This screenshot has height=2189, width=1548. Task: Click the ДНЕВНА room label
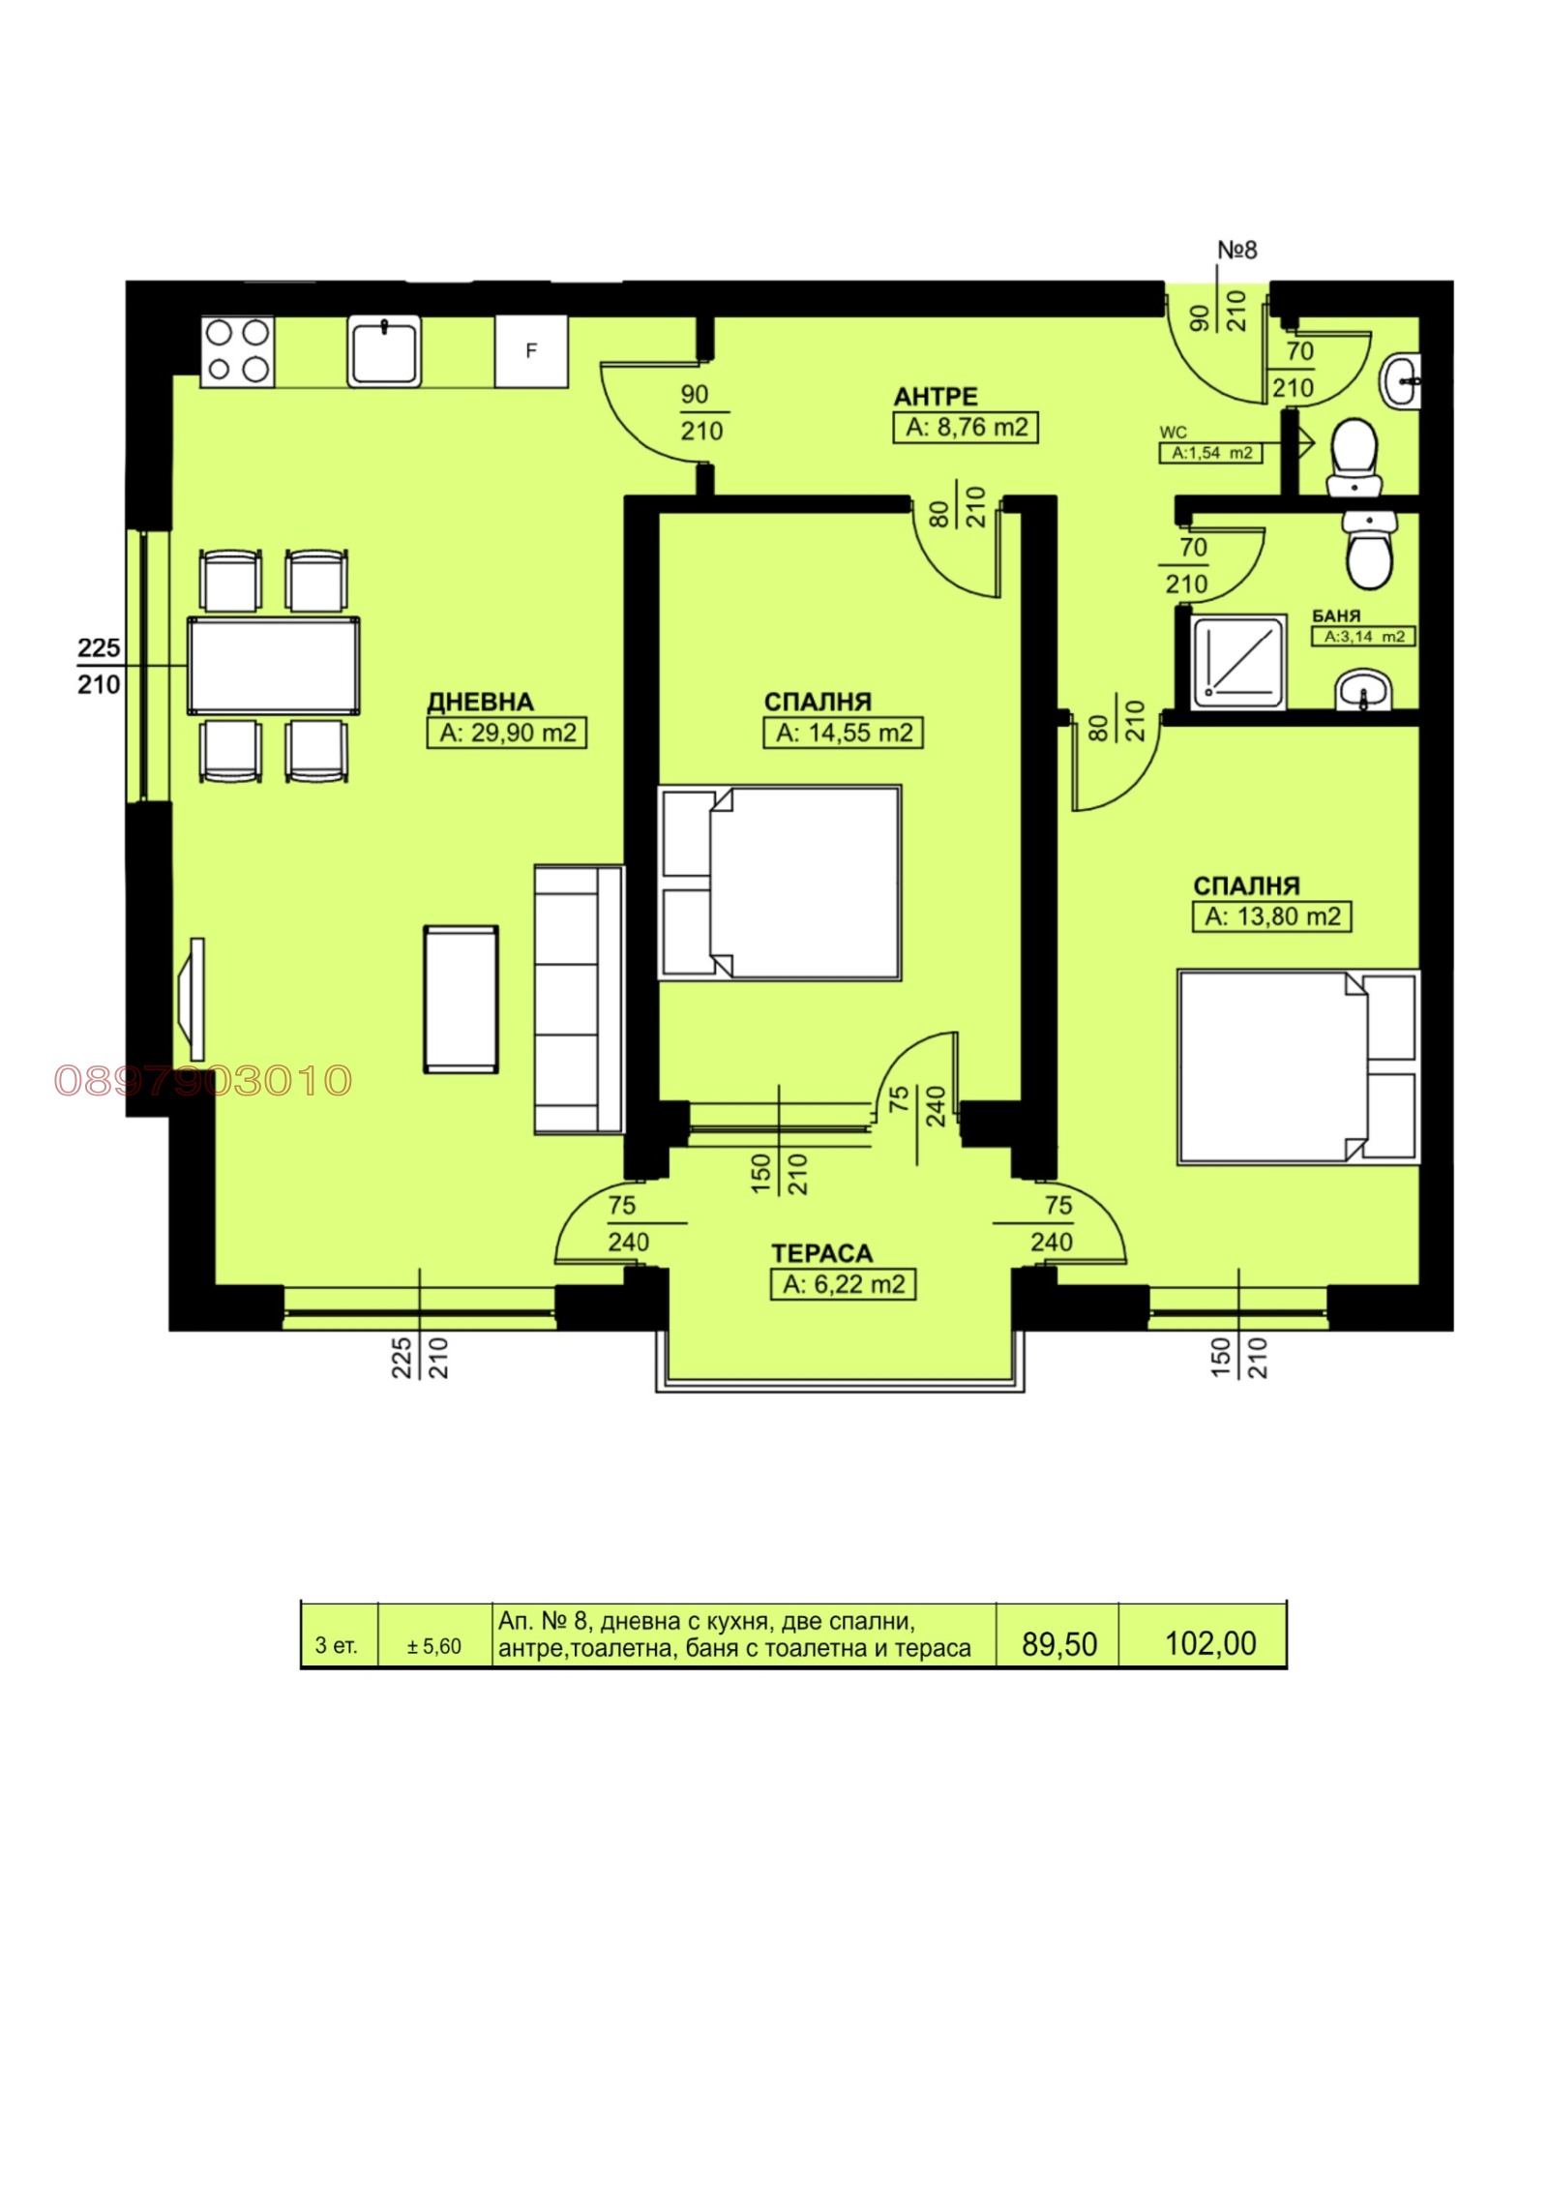[x=480, y=702]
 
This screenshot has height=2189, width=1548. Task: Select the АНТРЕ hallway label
[x=935, y=397]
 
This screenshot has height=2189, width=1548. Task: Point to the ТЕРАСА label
[x=821, y=1253]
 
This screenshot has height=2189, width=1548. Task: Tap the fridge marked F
[x=531, y=351]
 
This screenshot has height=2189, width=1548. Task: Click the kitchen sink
[x=385, y=351]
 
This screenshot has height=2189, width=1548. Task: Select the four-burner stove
[x=237, y=351]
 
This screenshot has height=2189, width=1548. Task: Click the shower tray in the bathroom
[x=1238, y=661]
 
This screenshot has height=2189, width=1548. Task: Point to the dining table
[x=274, y=666]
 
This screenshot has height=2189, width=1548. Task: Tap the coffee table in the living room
[x=461, y=999]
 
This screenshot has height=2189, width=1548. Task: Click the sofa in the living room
[x=579, y=999]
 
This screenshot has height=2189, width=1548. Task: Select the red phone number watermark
[x=203, y=1081]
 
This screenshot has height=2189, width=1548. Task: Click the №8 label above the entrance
[x=1236, y=250]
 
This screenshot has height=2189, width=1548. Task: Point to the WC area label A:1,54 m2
[x=1211, y=453]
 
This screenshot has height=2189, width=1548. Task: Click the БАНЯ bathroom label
[x=1336, y=616]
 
